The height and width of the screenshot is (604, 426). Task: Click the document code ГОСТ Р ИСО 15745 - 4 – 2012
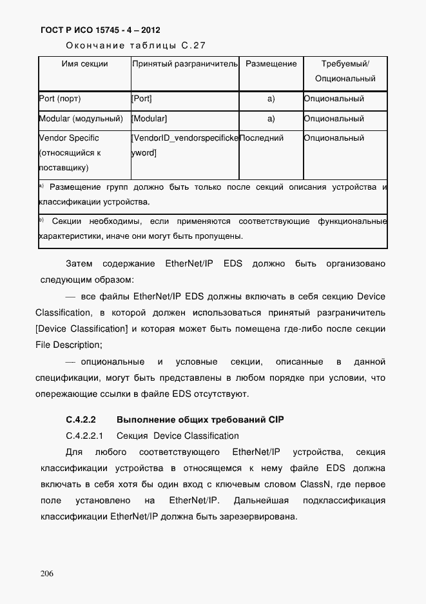click(100, 30)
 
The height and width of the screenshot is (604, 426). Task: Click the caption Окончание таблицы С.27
click(135, 46)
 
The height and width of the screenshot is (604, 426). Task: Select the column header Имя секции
click(84, 64)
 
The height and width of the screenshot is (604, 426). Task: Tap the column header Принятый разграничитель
click(185, 64)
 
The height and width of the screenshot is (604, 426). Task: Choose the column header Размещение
click(271, 64)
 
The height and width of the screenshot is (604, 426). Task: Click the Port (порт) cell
click(60, 99)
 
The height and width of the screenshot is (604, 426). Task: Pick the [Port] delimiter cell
click(142, 99)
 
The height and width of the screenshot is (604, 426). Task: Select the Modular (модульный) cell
click(81, 119)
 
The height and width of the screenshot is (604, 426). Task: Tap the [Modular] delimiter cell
click(149, 119)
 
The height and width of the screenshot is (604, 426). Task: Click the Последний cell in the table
click(261, 138)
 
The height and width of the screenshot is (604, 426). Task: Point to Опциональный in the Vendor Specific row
click(334, 138)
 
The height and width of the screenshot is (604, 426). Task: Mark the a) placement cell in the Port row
click(271, 99)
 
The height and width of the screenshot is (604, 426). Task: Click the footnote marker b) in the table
click(41, 221)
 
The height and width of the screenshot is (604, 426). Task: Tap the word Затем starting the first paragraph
click(79, 264)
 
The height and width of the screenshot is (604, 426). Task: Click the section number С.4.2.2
click(81, 420)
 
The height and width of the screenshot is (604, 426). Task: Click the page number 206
click(46, 574)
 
